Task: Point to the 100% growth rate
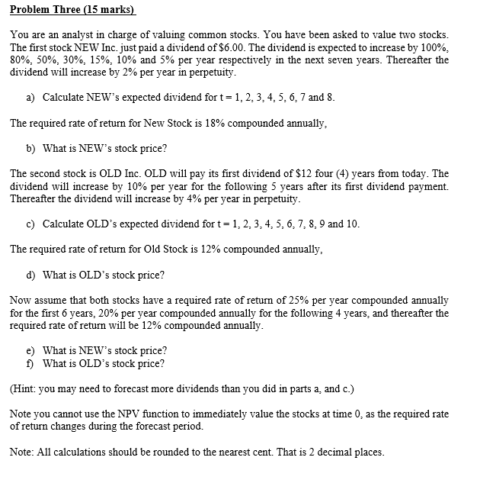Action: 434,47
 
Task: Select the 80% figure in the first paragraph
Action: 21,60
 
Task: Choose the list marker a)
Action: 30,98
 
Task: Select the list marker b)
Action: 30,148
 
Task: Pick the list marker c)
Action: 30,224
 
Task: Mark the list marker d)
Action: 30,275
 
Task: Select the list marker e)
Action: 30,351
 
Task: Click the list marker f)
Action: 30,363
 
